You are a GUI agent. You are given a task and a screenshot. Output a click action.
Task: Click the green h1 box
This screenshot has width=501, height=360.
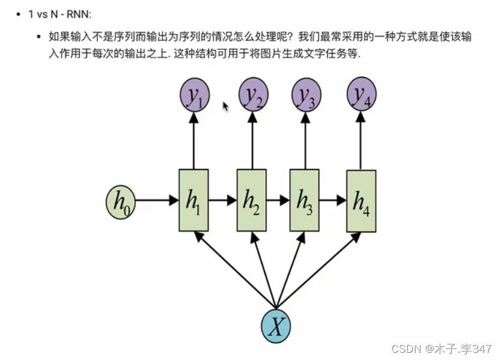click(x=194, y=201)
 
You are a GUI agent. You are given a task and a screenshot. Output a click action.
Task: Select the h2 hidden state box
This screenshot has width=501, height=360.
click(x=251, y=201)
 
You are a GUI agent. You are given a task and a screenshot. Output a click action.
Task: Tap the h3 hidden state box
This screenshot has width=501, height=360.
click(x=304, y=201)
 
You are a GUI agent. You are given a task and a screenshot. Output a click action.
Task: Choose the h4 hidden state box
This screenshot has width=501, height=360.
click(x=361, y=201)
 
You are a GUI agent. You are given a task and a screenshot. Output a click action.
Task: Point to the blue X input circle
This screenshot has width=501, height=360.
click(x=276, y=326)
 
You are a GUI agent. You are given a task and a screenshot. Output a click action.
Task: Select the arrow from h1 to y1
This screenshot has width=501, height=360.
click(x=194, y=141)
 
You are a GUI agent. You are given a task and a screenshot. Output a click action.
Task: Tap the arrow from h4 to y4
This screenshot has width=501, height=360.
click(x=361, y=141)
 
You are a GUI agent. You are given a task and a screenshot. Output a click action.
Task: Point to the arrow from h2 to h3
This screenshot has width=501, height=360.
click(x=278, y=201)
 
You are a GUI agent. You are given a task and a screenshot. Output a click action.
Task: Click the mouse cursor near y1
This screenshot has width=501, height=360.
click(x=226, y=106)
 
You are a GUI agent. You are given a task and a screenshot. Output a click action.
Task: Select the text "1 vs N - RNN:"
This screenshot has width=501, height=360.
click(x=60, y=14)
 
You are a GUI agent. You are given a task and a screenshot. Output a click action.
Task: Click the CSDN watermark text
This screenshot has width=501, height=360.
click(x=442, y=349)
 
